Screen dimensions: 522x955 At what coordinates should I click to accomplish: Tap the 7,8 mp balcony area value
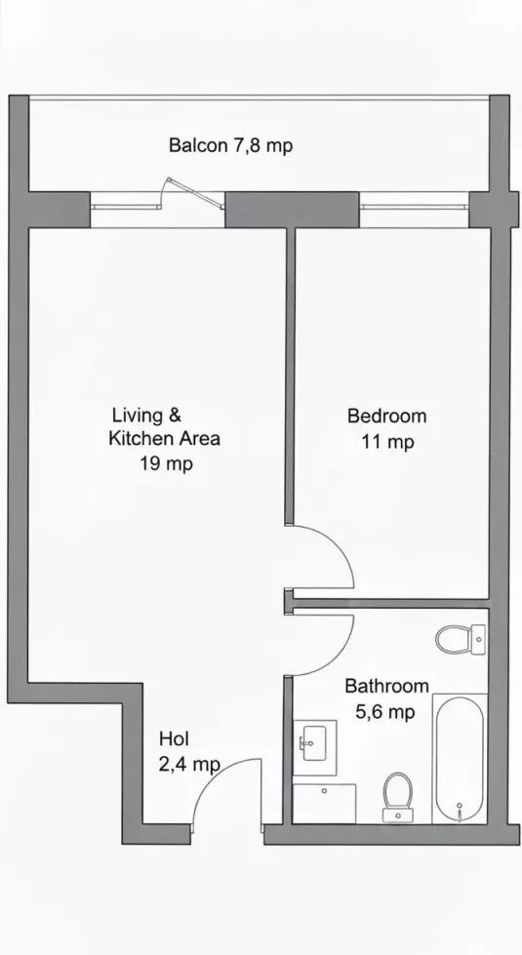coord(263,146)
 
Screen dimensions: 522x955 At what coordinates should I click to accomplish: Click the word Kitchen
coord(141,439)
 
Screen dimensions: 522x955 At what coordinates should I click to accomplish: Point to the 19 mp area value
coord(166,464)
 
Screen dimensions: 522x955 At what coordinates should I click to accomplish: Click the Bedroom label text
coord(386,416)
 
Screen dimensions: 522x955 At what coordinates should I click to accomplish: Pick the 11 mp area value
coord(388,442)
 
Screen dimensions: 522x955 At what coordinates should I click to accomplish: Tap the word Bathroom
coord(386,686)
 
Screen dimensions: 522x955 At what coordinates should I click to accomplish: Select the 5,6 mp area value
coord(385,711)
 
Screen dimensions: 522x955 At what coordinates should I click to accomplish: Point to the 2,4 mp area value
coord(189,765)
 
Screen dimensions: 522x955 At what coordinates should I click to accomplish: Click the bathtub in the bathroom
coord(460,759)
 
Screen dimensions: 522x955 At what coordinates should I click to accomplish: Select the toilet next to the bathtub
coord(398,797)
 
